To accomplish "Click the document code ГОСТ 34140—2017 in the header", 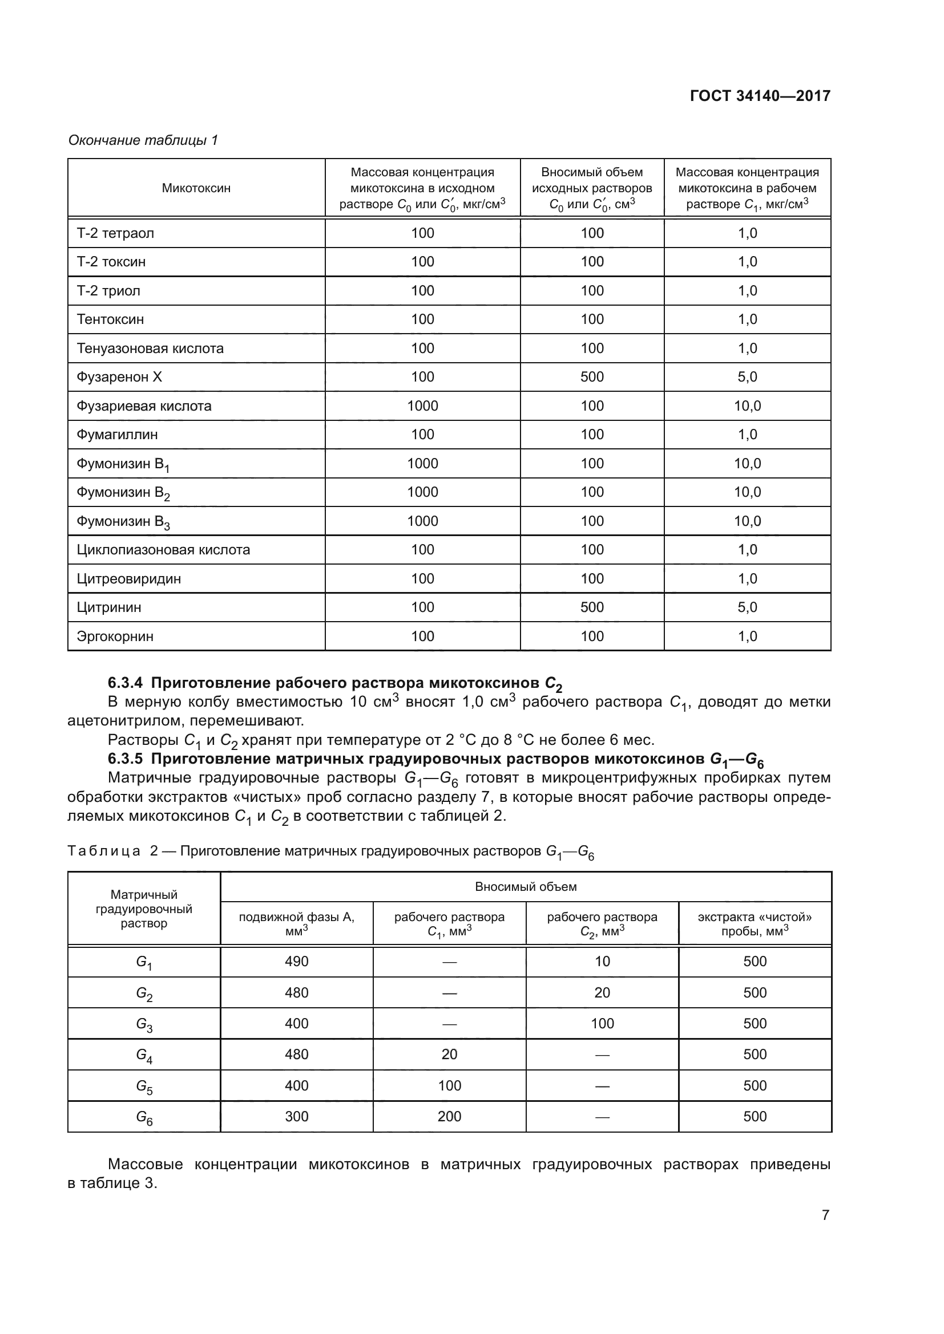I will tap(760, 96).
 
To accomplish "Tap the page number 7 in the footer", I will tap(825, 1215).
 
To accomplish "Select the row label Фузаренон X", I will tap(119, 377).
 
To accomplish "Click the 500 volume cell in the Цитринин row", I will tap(592, 607).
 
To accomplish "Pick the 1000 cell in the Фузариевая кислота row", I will tap(422, 406).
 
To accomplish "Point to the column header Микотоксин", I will tap(196, 188).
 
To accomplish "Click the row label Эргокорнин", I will tap(115, 636).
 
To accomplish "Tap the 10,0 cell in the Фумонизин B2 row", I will tap(747, 492).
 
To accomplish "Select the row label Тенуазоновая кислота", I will tap(150, 348).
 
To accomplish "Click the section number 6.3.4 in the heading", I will tap(126, 683).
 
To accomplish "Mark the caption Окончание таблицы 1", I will tap(143, 140).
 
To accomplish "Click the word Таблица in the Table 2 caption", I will tap(103, 851).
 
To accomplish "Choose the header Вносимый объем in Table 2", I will tap(526, 887).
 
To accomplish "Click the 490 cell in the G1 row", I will tap(296, 962).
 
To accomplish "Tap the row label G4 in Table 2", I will tap(144, 1055).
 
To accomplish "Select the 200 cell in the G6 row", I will tap(449, 1117).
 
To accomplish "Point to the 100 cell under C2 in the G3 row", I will tap(602, 1024).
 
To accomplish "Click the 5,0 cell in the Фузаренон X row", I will tap(747, 377).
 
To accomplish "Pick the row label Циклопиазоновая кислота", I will tap(163, 550).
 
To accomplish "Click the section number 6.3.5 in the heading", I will tap(126, 759).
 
